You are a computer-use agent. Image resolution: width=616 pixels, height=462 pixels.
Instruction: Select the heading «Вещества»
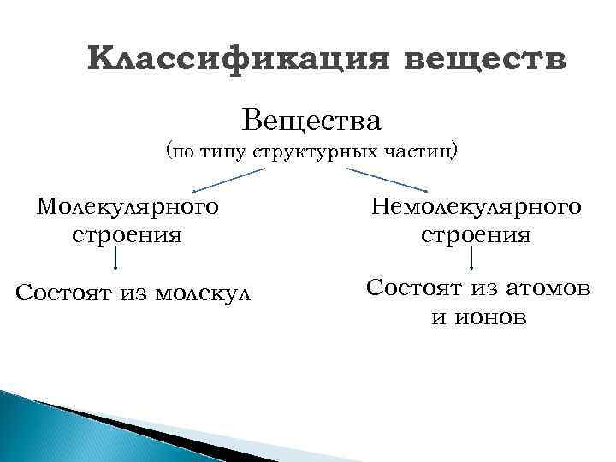[311, 119]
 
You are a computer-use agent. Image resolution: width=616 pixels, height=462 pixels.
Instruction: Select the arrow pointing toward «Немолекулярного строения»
[386, 179]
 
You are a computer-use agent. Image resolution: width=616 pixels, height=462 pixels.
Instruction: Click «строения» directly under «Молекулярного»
[127, 234]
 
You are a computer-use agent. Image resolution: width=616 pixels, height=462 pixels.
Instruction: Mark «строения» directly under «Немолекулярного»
[477, 234]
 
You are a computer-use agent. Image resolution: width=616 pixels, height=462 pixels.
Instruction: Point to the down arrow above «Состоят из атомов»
[473, 259]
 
